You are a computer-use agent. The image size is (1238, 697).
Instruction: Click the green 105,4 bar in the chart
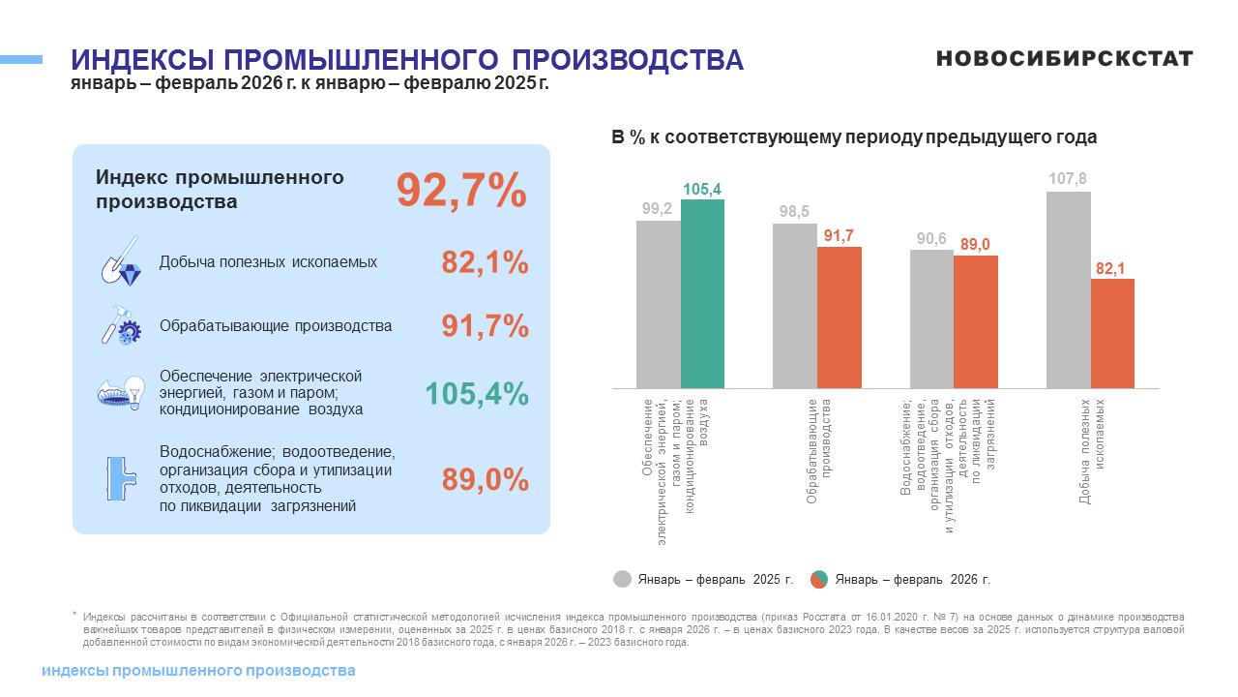pos(702,293)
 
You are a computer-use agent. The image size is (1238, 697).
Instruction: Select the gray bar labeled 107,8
pos(1068,289)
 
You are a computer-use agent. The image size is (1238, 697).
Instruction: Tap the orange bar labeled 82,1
pos(1112,333)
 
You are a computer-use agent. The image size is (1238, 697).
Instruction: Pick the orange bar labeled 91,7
pos(839,318)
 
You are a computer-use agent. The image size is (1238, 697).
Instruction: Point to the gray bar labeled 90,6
pos(931,318)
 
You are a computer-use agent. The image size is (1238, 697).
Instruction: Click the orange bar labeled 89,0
pos(975,321)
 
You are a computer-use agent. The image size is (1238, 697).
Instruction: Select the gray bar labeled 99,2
pos(658,304)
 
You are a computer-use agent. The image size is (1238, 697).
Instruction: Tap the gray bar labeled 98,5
pos(794,306)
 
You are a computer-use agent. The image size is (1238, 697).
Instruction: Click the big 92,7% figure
pos(461,190)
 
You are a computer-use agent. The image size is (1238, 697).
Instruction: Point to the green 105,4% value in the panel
pos(477,394)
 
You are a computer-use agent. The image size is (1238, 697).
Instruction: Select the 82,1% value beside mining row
pos(485,262)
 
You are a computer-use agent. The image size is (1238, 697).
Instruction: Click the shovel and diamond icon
pos(121,261)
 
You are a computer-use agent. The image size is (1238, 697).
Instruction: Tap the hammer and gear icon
pos(122,325)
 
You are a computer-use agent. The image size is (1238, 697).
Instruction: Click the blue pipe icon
pos(121,478)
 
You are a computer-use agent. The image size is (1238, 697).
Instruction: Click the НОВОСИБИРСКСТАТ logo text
pos(1064,59)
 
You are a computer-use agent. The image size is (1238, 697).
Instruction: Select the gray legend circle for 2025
pos(623,579)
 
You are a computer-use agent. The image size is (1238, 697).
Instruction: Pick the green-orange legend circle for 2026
pos(818,579)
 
